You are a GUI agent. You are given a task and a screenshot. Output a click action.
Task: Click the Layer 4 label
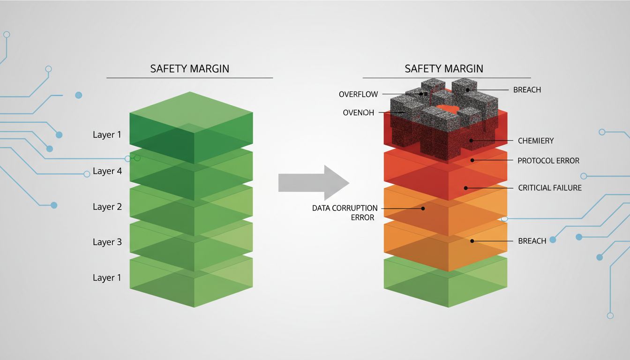pyautogui.click(x=107, y=171)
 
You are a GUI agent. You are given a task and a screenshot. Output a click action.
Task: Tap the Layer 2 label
pyautogui.click(x=107, y=207)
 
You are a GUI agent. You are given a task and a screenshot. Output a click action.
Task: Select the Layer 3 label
pyautogui.click(x=107, y=242)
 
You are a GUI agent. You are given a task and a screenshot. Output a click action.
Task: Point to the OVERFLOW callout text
pyautogui.click(x=358, y=94)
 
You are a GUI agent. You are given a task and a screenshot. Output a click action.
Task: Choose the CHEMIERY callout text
pyautogui.click(x=536, y=141)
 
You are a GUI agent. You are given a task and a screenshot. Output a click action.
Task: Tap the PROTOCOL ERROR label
pyautogui.click(x=548, y=160)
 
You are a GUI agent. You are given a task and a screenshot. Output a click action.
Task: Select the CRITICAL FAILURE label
pyautogui.click(x=550, y=187)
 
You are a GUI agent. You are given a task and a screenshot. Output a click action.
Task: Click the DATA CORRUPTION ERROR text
pyautogui.click(x=345, y=212)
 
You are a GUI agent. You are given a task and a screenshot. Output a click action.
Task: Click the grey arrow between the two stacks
pyautogui.click(x=313, y=183)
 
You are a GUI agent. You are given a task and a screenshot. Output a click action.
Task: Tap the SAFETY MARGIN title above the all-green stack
pyautogui.click(x=189, y=68)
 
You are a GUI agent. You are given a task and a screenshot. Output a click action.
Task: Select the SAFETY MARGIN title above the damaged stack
pyautogui.click(x=443, y=68)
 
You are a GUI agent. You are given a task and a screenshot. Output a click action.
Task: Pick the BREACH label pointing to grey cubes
pyautogui.click(x=527, y=90)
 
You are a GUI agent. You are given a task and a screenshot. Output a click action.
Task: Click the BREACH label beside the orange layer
pyautogui.click(x=532, y=241)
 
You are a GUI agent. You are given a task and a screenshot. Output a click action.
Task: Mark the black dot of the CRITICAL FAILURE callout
pyautogui.click(x=465, y=188)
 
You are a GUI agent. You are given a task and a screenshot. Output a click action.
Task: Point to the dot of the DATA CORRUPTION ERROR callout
pyautogui.click(x=423, y=208)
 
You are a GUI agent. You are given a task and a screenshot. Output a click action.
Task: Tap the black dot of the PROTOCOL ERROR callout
pyautogui.click(x=472, y=160)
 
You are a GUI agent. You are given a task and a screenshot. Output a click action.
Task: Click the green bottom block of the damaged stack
pyautogui.click(x=445, y=281)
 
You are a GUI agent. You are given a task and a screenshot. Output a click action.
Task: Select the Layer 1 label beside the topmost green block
pyautogui.click(x=107, y=135)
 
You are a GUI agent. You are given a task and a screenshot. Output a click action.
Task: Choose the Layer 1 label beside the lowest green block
pyautogui.click(x=107, y=277)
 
